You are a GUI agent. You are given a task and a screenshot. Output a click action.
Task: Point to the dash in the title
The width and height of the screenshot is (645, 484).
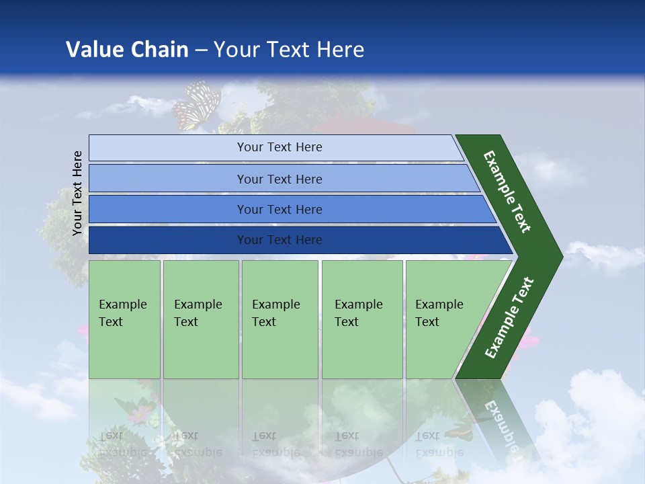click(202, 50)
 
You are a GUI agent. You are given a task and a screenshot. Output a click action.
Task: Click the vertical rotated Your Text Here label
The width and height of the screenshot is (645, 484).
click(77, 193)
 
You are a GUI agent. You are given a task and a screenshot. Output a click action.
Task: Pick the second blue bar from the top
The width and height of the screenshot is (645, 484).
click(279, 179)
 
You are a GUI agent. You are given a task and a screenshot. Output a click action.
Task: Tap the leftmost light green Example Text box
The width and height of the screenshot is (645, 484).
click(124, 319)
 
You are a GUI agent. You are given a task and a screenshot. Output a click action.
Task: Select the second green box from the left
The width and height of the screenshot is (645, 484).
click(200, 319)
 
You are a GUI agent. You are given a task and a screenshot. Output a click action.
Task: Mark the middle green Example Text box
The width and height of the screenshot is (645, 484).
click(279, 319)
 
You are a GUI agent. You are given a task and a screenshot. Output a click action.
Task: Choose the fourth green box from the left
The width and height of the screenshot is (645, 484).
click(362, 319)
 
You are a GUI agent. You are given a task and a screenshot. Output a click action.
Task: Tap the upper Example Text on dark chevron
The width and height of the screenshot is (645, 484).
click(507, 192)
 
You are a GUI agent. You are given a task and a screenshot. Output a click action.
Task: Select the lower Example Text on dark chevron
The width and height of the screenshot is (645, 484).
click(509, 318)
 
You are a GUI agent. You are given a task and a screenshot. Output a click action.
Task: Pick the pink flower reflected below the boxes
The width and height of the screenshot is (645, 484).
click(139, 414)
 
